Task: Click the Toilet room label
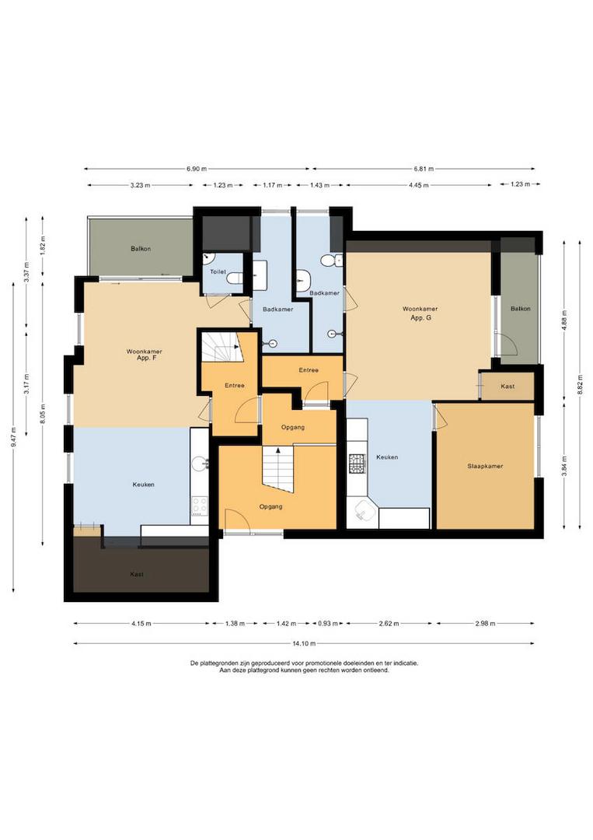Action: (x=218, y=272)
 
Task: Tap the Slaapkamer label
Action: (x=485, y=466)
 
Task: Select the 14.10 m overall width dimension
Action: (x=304, y=643)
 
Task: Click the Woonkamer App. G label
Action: (x=420, y=313)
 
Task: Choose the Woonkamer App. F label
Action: (x=145, y=355)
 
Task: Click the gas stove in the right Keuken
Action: (x=357, y=463)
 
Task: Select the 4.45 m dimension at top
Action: (x=419, y=185)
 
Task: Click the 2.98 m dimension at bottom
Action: (x=486, y=624)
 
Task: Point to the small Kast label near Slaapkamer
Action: (x=508, y=387)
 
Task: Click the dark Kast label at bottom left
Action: (x=137, y=574)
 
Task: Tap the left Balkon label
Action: (x=141, y=249)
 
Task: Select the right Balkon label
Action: (x=520, y=309)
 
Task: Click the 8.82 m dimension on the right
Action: (x=580, y=385)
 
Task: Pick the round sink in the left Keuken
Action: (x=201, y=463)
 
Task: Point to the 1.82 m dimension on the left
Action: (x=44, y=245)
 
